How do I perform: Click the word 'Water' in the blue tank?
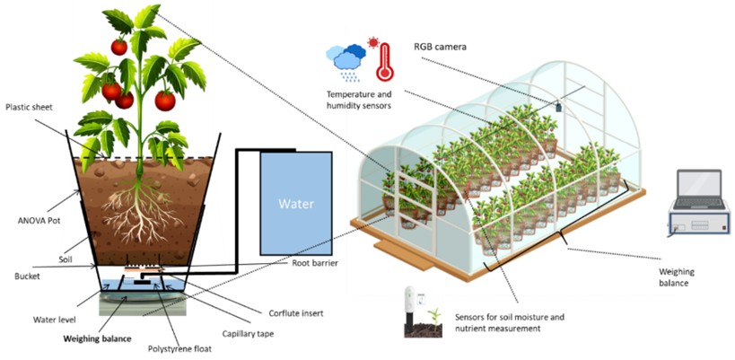tap(294, 204)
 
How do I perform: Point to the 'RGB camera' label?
tap(440, 46)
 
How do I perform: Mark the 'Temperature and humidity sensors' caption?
tap(359, 100)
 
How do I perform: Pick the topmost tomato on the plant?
tap(119, 46)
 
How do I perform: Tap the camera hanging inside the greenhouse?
tap(557, 106)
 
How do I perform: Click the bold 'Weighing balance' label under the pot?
tap(97, 338)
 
